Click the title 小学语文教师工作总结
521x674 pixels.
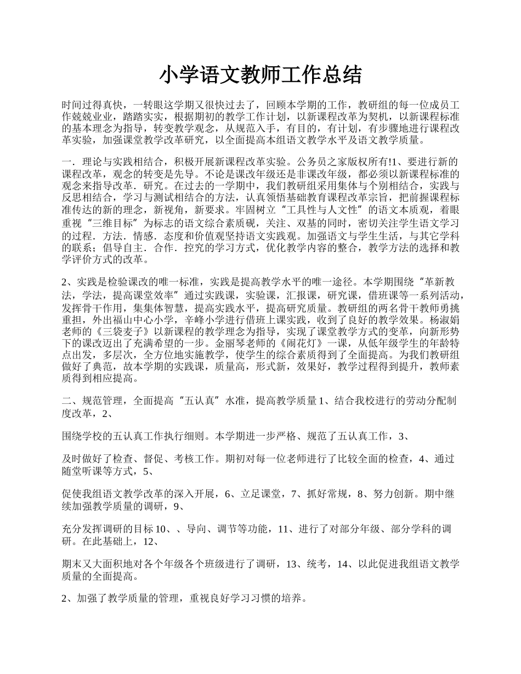click(x=260, y=75)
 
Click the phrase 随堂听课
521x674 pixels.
click(x=86, y=471)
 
